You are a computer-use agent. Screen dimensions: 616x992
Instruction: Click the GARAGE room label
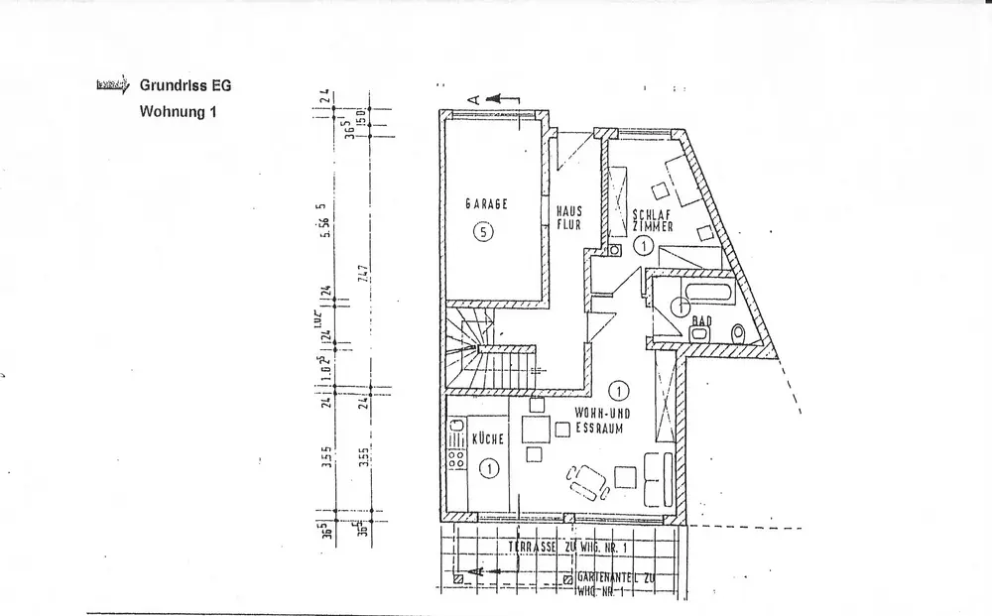coord(487,204)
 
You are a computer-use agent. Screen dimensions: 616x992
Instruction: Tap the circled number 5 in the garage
coord(482,233)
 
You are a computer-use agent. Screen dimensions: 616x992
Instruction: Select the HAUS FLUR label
coord(567,217)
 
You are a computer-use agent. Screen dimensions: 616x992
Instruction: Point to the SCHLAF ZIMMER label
coord(652,219)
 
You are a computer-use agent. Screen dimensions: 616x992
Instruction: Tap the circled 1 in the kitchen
coord(487,465)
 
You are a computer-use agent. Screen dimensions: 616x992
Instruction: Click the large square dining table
coord(538,430)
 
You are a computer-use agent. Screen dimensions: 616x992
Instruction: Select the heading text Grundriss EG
coord(186,86)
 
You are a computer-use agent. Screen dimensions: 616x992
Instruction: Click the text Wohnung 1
coord(178,112)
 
